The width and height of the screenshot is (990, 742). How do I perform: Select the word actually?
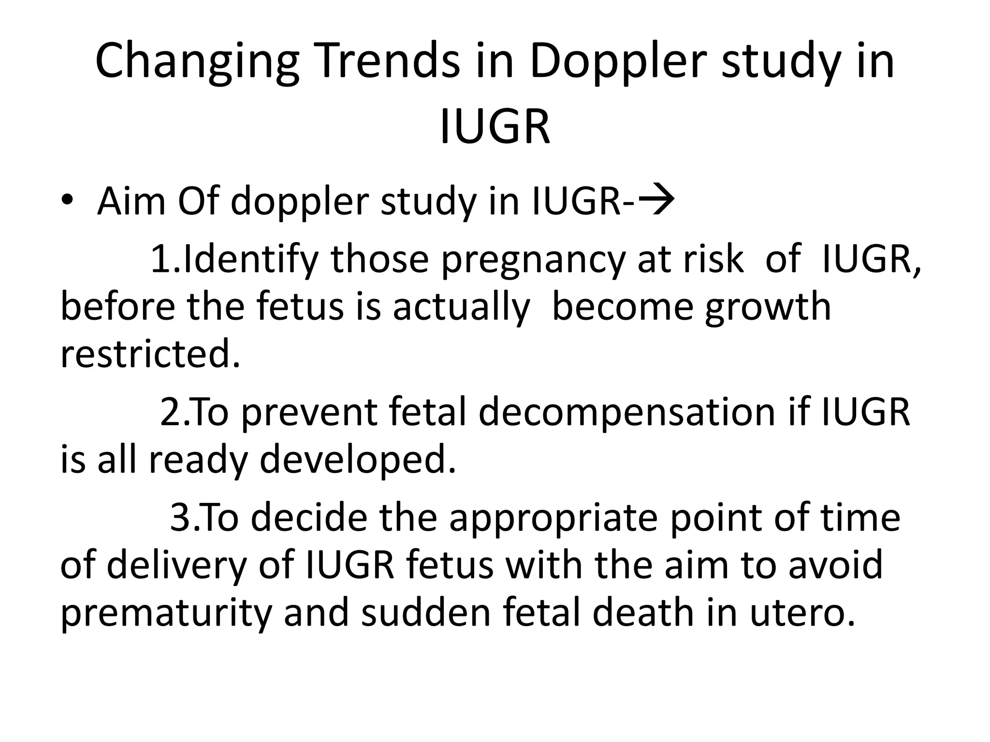[461, 308]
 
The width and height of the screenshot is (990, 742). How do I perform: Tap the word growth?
[768, 308]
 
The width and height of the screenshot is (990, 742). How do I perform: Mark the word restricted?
[150, 354]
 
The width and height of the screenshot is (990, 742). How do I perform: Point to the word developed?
[358, 460]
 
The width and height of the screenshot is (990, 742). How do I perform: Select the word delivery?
[176, 566]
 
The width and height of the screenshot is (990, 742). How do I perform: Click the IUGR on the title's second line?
[495, 127]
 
